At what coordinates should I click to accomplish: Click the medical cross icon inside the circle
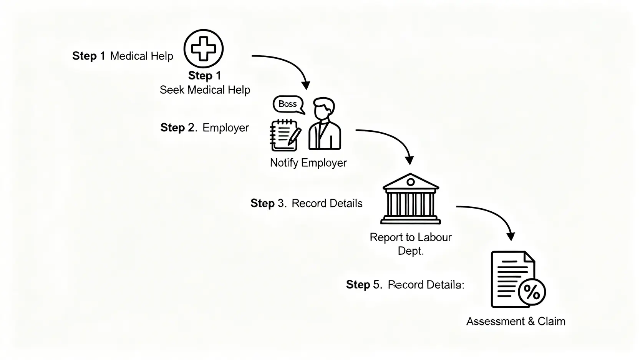pos(203,48)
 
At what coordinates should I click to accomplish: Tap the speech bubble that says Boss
pos(288,104)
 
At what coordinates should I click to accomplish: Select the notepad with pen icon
pos(285,135)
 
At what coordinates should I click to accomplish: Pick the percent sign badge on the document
pos(532,292)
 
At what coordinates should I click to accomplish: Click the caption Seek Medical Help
pos(205,90)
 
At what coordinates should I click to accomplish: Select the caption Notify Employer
pos(308,163)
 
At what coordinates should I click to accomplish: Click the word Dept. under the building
pos(410,251)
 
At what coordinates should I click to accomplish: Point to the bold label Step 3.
pos(268,203)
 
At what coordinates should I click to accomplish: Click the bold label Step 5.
pos(364,285)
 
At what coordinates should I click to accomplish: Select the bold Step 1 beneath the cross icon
pos(204,75)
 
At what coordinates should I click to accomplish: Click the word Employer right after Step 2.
pos(225,128)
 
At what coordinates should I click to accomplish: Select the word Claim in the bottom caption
pos(551,321)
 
